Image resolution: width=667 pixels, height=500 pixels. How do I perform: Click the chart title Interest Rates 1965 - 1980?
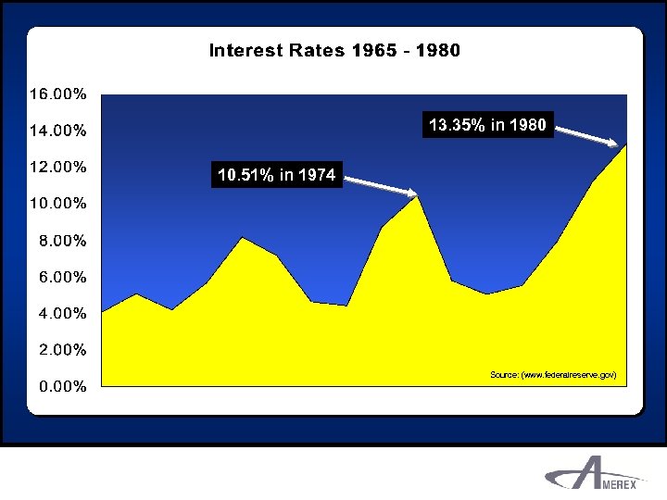(334, 50)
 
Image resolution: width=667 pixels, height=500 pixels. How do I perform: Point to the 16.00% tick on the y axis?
(57, 94)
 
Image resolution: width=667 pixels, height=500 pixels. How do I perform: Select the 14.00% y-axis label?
(57, 131)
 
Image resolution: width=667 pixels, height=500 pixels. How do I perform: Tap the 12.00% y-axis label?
(57, 168)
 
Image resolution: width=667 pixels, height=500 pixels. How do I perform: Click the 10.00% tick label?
(57, 204)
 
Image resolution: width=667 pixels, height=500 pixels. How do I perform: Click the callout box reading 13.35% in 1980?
(487, 125)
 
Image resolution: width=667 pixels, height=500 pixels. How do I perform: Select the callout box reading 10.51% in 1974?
(276, 174)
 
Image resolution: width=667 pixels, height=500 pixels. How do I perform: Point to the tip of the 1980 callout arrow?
(618, 145)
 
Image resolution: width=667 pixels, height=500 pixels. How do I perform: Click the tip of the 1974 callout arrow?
(416, 194)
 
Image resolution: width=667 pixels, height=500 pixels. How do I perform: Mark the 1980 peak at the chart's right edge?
(626, 144)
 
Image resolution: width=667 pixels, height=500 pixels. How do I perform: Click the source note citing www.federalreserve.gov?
(552, 374)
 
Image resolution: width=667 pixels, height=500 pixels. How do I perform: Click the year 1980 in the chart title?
(437, 50)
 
